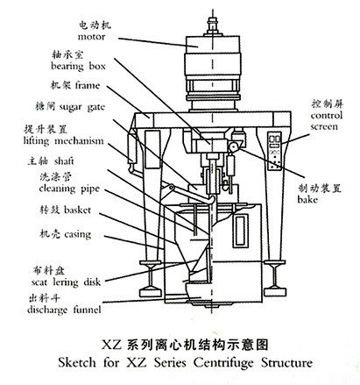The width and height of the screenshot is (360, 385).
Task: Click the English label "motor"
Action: click(x=91, y=37)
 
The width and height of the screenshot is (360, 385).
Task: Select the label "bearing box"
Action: click(x=78, y=67)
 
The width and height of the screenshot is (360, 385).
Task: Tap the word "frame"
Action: click(x=88, y=85)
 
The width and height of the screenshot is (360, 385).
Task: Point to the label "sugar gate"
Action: click(x=81, y=107)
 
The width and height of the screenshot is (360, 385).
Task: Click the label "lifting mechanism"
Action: click(x=64, y=141)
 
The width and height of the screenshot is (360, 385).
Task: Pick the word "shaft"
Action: click(x=64, y=161)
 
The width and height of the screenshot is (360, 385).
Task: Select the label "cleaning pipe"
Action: click(x=69, y=189)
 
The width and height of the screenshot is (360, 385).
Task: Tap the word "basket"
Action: click(x=77, y=210)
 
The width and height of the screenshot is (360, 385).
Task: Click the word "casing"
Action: click(x=77, y=234)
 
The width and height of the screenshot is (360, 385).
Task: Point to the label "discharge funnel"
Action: click(x=64, y=310)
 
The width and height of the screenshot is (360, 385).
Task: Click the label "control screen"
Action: click(x=326, y=121)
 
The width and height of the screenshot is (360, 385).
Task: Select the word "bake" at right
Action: click(x=307, y=199)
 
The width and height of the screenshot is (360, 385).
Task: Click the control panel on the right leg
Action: click(x=274, y=151)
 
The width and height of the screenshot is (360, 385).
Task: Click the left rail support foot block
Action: click(x=150, y=292)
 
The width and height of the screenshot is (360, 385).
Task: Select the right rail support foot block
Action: click(x=275, y=292)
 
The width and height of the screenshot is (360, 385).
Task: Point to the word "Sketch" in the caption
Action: click(x=77, y=363)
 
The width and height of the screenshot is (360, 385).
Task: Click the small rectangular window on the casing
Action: click(x=241, y=231)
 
